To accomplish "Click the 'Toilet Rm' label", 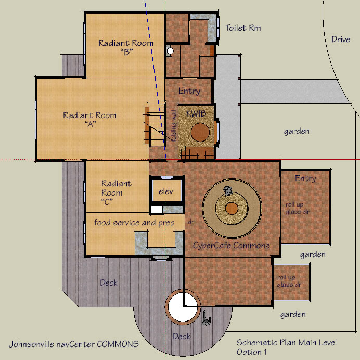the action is tap(243, 28).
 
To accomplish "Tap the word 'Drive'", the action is tap(341, 39).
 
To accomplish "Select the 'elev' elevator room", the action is tap(166, 190).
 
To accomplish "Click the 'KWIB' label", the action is tap(196, 113).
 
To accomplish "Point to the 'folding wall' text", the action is tap(174, 126).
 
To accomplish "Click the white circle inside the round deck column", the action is tap(183, 307).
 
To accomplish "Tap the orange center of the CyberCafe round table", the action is tap(232, 209).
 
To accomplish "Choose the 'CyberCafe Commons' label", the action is tap(231, 246).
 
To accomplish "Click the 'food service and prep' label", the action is tap(134, 223).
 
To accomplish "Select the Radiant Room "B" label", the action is tap(126, 47).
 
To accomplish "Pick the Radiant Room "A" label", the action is tap(90, 119).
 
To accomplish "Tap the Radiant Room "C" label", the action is tap(117, 192).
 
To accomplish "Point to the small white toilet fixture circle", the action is tap(170, 50).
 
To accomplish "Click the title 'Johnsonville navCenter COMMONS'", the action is tap(74, 344).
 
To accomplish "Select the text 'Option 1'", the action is tap(252, 352).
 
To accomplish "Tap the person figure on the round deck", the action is tap(206, 318).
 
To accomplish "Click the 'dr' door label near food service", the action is tap(191, 222).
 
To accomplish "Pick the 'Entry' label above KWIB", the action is tap(189, 91).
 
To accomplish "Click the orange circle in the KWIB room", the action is tap(200, 132).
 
